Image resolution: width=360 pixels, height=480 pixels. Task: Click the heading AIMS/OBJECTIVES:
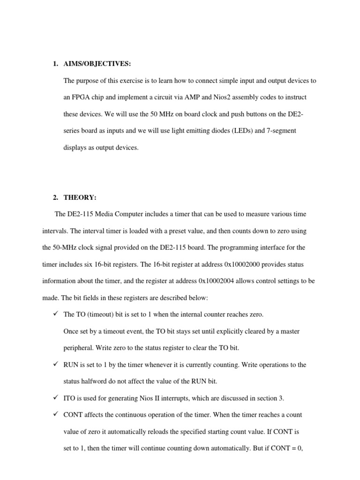point(97,64)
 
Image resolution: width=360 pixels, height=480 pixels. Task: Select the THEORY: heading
point(80,197)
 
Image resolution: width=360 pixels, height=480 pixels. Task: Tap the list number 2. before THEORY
point(55,197)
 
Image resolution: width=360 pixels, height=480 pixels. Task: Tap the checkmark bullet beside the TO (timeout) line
point(55,314)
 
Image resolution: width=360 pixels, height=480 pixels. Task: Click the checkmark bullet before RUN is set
point(55,364)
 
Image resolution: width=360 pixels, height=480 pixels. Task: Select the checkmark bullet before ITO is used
point(55,398)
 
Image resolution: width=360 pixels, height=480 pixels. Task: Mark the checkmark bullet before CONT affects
point(55,414)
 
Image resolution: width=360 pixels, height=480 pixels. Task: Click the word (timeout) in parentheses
point(98,315)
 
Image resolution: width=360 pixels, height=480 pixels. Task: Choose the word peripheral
point(79,348)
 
